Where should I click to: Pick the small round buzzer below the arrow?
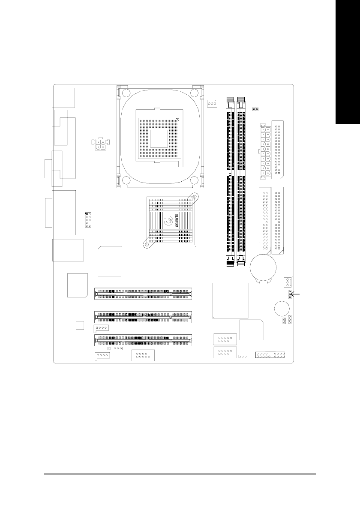(280, 308)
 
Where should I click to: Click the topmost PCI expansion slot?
(143, 294)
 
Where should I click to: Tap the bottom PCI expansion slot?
(143, 341)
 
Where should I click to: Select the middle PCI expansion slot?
(143, 317)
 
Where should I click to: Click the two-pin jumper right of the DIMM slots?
(255, 109)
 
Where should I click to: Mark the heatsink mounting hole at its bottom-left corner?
(147, 246)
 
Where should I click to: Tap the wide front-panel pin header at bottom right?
(270, 355)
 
